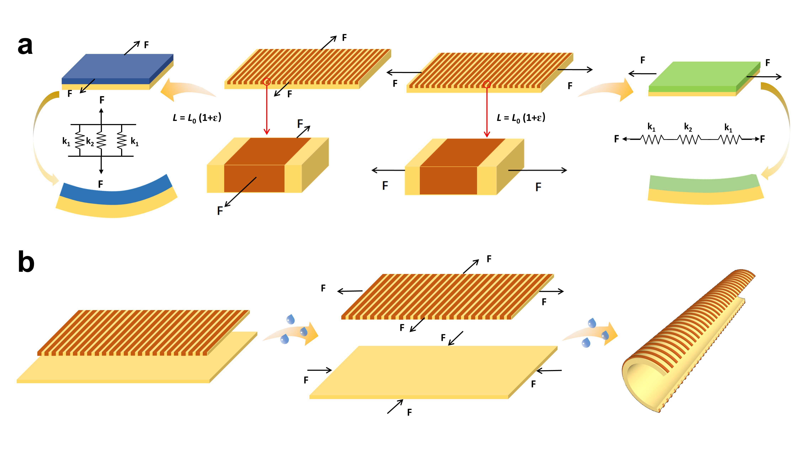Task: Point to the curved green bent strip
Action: click(x=703, y=183)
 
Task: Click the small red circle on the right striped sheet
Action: click(x=487, y=84)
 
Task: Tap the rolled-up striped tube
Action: click(x=688, y=341)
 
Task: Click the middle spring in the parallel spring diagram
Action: click(x=101, y=140)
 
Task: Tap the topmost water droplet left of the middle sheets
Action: click(x=291, y=319)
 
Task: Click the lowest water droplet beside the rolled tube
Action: click(x=586, y=343)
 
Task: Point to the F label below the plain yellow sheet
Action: click(x=410, y=412)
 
